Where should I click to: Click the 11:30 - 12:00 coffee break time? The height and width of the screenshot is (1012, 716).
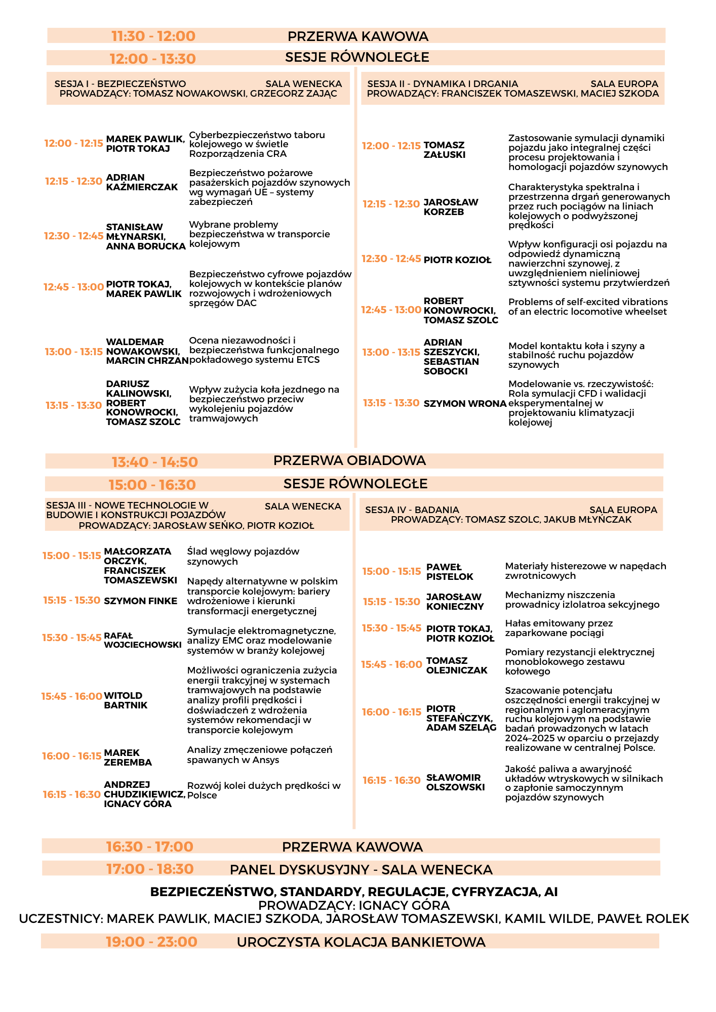[x=153, y=36]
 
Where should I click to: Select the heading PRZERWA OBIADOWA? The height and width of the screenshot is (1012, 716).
[x=349, y=460]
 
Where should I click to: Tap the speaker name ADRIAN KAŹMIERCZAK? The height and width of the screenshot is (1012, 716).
[x=142, y=182]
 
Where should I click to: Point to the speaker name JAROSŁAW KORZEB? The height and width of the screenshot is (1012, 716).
[x=451, y=207]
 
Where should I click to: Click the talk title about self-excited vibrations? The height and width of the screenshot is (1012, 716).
[x=587, y=307]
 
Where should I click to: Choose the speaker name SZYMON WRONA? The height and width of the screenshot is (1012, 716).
[x=465, y=403]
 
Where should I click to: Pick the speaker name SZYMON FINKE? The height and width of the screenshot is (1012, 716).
[x=140, y=601]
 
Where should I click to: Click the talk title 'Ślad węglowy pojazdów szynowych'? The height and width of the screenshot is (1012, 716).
[x=243, y=556]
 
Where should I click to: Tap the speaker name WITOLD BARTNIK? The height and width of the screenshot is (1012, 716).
[x=126, y=700]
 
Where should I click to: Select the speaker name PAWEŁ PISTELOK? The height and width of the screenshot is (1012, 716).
[x=450, y=572]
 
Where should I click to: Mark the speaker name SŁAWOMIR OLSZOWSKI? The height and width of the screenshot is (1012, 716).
[x=455, y=782]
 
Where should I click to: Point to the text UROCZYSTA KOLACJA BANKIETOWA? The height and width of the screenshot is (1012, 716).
[x=361, y=942]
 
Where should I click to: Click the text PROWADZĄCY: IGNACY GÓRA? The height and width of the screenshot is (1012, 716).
[x=354, y=905]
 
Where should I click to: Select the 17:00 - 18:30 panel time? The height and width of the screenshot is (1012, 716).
[x=149, y=869]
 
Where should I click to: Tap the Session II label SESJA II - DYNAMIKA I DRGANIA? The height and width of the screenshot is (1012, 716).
[x=443, y=84]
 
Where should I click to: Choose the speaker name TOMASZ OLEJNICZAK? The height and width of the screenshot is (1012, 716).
[x=457, y=665]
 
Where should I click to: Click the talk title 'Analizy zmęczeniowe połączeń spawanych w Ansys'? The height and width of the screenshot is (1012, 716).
[x=260, y=754]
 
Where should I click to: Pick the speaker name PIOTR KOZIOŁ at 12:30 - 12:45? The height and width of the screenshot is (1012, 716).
[x=457, y=260]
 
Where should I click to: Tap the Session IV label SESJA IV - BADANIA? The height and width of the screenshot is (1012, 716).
[x=412, y=510]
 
